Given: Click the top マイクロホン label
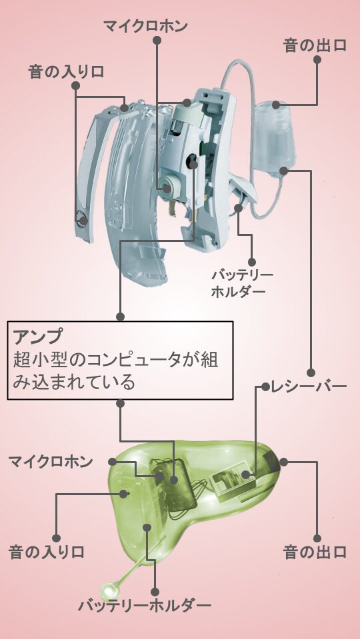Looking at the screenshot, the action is pos(145,26).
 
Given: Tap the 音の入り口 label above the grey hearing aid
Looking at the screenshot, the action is pos(65,72).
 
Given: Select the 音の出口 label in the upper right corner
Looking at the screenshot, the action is pos(315,45).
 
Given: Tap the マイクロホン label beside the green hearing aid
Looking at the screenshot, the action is pos(51,462).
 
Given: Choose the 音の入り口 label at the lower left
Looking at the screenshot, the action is pos(46,552).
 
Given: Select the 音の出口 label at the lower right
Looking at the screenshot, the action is pos(315,552).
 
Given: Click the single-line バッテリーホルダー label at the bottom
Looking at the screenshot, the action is pos(145,606).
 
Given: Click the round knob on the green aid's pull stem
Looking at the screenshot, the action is pos(109,590).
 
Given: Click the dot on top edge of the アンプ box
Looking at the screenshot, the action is pos(120,317).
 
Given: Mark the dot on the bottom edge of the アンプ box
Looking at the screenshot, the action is pos(120,403).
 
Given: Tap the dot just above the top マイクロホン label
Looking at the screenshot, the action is pos(157,40).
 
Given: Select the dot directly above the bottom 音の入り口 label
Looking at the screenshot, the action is pos(57,538).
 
